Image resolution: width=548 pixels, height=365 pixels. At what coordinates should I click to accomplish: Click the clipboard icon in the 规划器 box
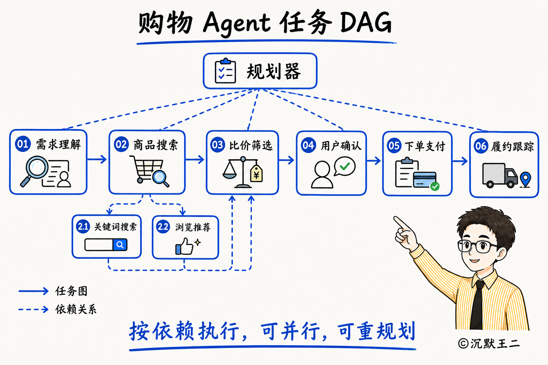[225, 71]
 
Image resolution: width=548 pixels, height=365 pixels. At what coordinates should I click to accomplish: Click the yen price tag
[256, 174]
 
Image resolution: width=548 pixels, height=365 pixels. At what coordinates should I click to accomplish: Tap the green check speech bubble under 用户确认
[345, 166]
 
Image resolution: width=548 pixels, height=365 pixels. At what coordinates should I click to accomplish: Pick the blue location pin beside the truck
[526, 179]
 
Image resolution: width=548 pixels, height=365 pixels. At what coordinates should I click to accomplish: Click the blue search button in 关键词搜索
[120, 245]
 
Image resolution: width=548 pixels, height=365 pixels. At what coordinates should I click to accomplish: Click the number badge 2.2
[163, 227]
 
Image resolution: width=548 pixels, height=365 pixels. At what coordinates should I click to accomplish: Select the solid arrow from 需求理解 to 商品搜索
[97, 159]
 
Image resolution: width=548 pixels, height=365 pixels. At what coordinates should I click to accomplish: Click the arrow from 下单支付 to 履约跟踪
[460, 161]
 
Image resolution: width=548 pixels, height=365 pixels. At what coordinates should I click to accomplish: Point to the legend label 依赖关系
[76, 309]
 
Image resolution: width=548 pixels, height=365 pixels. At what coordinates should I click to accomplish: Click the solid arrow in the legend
[34, 291]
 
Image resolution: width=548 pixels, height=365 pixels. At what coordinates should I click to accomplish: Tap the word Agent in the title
[237, 23]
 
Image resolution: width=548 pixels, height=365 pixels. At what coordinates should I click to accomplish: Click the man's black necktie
[477, 305]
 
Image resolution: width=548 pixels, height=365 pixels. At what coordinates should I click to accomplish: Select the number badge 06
[481, 146]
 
